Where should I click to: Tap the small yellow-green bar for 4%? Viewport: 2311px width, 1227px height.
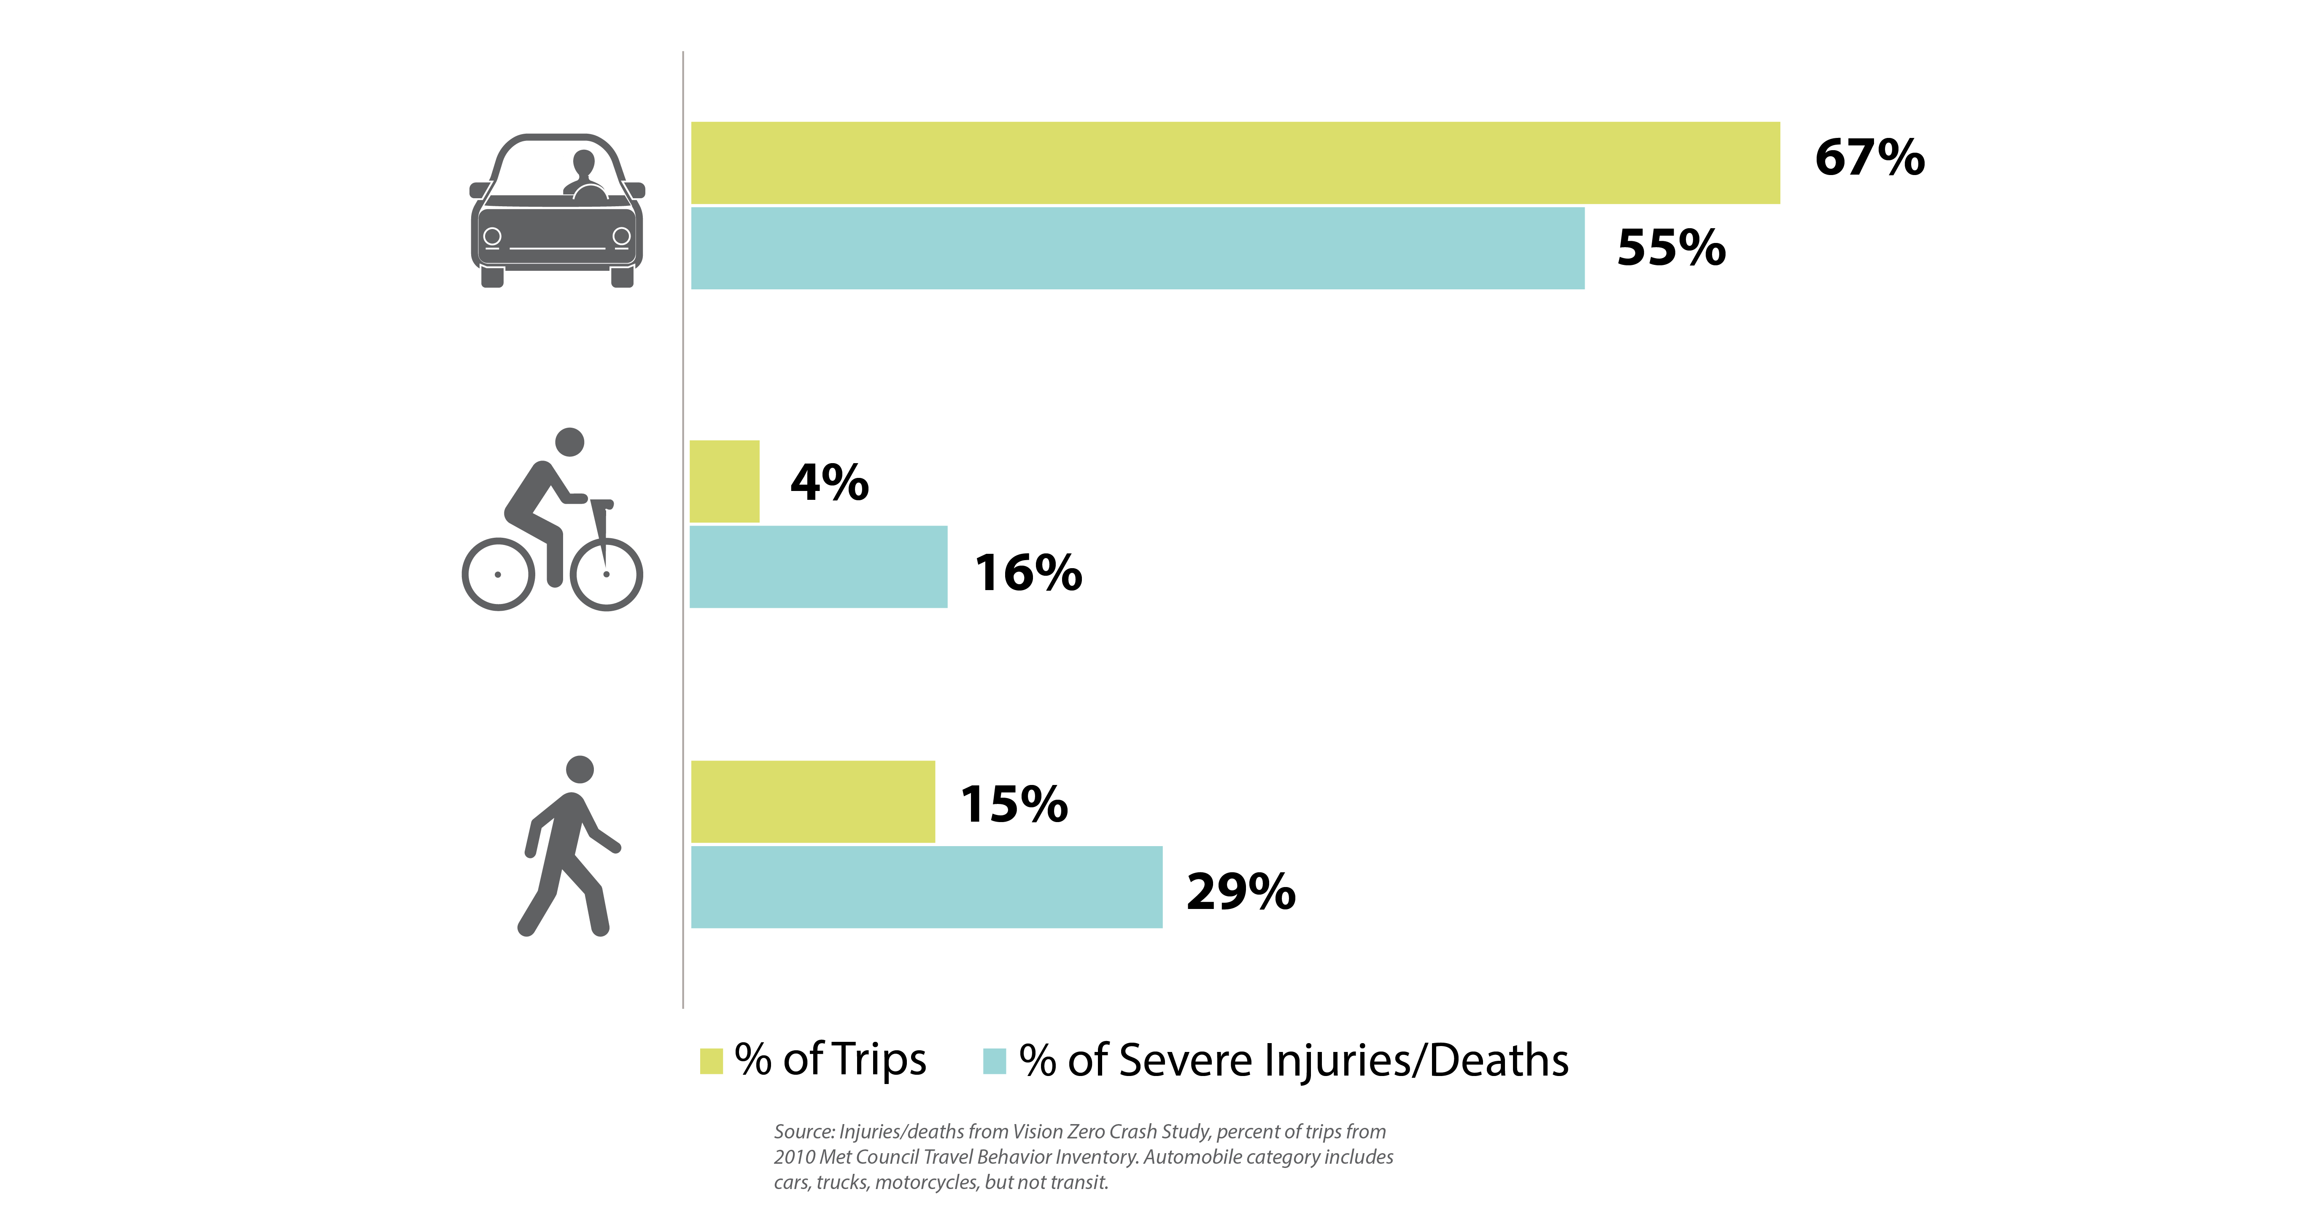[x=724, y=482]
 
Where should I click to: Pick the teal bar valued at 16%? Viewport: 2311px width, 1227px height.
[x=818, y=567]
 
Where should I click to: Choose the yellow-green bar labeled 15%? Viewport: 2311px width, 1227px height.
[x=813, y=802]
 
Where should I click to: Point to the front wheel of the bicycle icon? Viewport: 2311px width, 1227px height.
[x=607, y=574]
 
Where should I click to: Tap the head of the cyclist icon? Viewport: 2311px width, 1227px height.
[x=570, y=442]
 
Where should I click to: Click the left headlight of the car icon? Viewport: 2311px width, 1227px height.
[x=492, y=237]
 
